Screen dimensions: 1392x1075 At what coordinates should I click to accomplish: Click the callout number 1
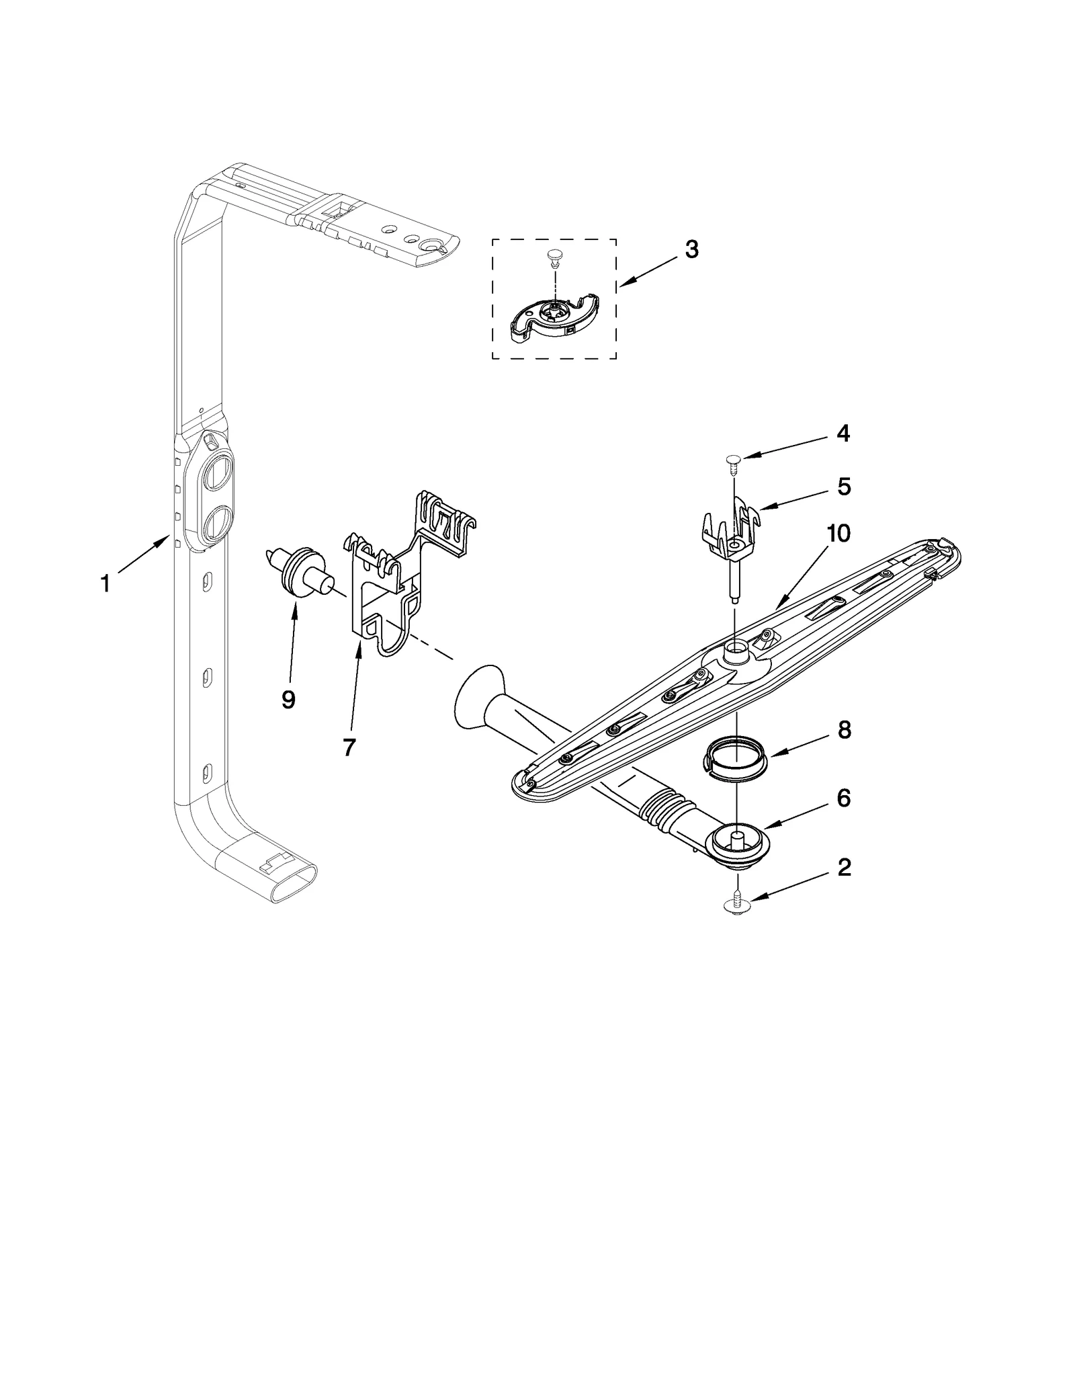point(105,583)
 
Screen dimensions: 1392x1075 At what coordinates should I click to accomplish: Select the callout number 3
point(691,249)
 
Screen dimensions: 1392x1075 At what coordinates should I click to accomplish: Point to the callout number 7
point(349,746)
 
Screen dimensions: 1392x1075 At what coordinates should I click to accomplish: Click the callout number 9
point(288,700)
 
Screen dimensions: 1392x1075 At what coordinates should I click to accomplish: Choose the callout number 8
point(844,729)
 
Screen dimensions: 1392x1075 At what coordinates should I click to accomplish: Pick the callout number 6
point(844,798)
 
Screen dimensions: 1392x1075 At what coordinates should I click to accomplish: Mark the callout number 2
point(844,867)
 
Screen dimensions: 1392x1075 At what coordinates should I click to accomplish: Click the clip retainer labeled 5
point(731,531)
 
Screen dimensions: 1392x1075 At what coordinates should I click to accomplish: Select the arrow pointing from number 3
point(649,272)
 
